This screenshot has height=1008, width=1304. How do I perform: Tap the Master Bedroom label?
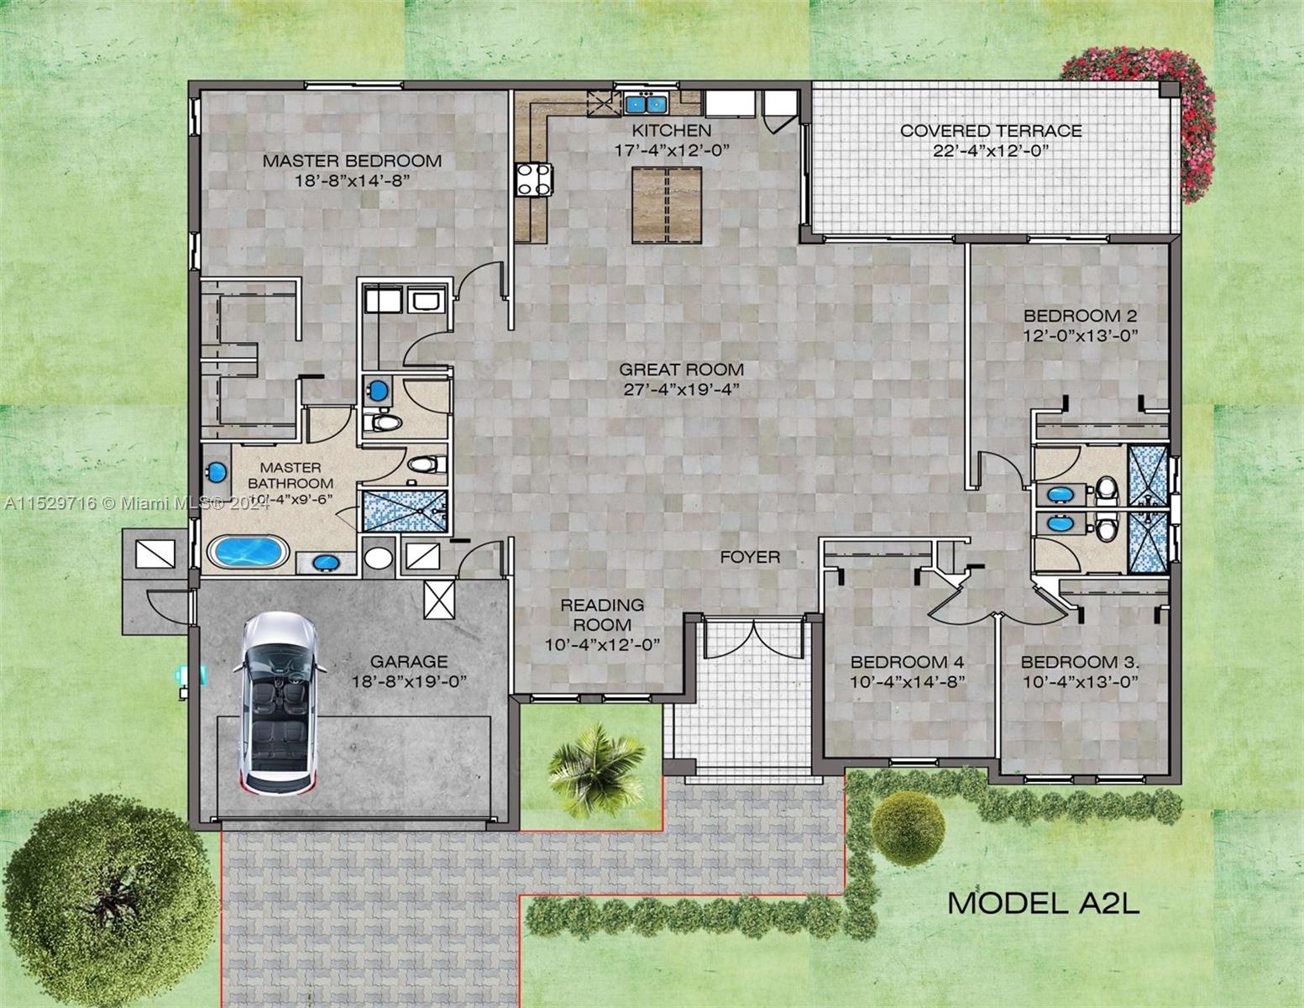click(352, 160)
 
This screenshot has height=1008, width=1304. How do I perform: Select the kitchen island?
click(666, 204)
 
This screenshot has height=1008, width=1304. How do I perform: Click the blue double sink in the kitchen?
click(646, 104)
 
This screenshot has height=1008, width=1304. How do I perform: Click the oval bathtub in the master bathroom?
click(248, 553)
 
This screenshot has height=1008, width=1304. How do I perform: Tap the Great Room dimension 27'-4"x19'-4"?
click(681, 388)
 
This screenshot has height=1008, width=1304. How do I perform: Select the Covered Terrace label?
click(991, 131)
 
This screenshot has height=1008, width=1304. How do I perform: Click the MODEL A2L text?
click(1044, 903)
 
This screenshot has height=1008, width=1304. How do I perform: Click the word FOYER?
click(750, 557)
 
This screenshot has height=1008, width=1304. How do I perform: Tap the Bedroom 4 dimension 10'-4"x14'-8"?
click(907, 680)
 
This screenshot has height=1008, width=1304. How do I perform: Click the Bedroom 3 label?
click(1080, 661)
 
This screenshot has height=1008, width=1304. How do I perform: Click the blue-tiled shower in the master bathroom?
click(406, 511)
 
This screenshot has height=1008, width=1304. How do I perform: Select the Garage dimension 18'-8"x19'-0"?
click(409, 680)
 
